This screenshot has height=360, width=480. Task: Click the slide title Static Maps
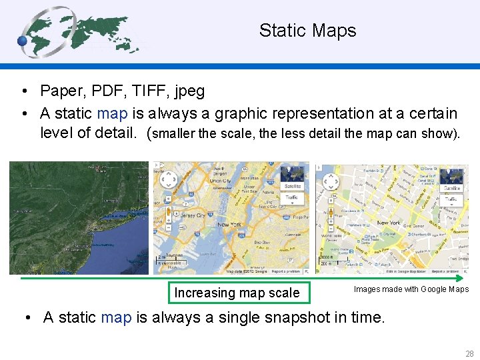click(307, 31)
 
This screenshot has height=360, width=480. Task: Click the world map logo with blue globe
click(80, 32)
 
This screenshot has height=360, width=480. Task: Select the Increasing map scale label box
click(237, 293)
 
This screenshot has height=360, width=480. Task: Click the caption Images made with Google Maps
click(411, 289)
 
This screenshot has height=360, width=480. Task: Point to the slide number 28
click(469, 353)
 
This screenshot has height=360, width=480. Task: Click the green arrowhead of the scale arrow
click(465, 278)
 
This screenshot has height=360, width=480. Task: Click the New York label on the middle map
click(230, 225)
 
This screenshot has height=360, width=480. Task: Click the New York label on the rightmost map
click(388, 223)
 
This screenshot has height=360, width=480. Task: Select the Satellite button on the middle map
click(292, 186)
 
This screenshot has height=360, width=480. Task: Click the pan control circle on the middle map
click(169, 179)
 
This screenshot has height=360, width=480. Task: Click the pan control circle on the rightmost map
click(330, 181)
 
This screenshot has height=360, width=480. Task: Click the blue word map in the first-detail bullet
click(111, 114)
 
